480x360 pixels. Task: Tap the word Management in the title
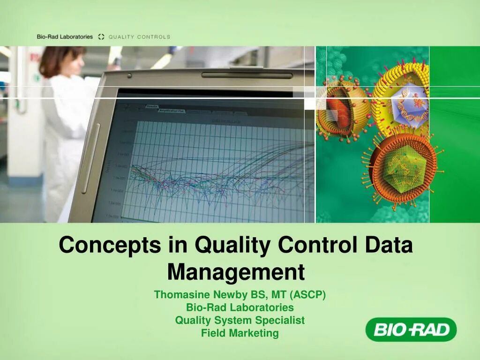click(236, 271)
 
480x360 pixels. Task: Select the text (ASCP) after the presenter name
click(307, 295)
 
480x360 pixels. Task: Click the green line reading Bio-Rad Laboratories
click(240, 307)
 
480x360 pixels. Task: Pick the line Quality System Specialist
click(240, 320)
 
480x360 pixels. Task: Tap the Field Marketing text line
click(240, 333)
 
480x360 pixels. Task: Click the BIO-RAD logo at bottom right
click(411, 330)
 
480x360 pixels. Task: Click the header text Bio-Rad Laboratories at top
click(65, 37)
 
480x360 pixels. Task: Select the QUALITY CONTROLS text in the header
click(139, 37)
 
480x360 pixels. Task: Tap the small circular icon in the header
click(101, 37)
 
